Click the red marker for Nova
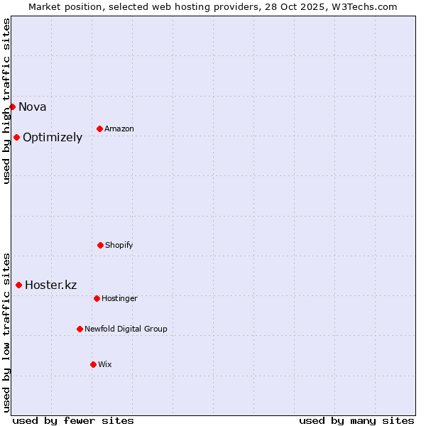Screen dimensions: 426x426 pyautogui.click(x=12, y=106)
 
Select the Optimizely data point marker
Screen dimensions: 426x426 pyautogui.click(x=16, y=137)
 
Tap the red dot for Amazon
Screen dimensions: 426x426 pyautogui.click(x=99, y=129)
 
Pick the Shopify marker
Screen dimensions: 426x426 pyautogui.click(x=100, y=245)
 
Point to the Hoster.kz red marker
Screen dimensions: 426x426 pyautogui.click(x=18, y=285)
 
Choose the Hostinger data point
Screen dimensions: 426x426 pyautogui.click(x=97, y=298)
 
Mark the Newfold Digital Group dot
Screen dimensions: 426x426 pyautogui.click(x=80, y=329)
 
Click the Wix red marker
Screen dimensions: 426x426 pyautogui.click(x=93, y=364)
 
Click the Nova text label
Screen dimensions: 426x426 pyautogui.click(x=33, y=107)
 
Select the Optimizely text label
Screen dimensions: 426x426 pyautogui.click(x=53, y=138)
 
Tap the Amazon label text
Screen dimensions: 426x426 pyautogui.click(x=119, y=129)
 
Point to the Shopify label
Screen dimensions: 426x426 pyautogui.click(x=119, y=246)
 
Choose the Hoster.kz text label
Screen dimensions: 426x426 pyautogui.click(x=51, y=285)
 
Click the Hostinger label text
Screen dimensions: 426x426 pyautogui.click(x=119, y=299)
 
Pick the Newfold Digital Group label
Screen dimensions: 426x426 pyautogui.click(x=126, y=329)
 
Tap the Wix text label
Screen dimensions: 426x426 pyautogui.click(x=105, y=365)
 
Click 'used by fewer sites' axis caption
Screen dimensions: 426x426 pyautogui.click(x=73, y=420)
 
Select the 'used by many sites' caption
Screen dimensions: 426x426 pyautogui.click(x=356, y=420)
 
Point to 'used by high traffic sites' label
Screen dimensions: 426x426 pyautogui.click(x=6, y=101)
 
